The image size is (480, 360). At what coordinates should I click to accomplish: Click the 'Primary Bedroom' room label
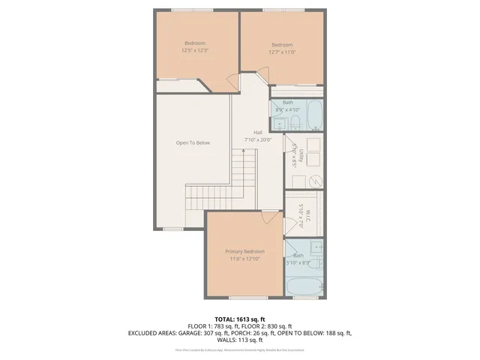pos(244,251)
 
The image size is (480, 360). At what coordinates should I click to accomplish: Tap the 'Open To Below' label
pos(193,142)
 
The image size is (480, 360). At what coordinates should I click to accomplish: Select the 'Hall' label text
pos(257,132)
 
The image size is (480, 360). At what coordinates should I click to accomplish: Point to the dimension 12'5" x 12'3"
pos(195,51)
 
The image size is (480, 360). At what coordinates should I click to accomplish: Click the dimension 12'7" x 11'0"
pos(282,52)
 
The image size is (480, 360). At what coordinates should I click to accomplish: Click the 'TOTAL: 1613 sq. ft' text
pos(239,319)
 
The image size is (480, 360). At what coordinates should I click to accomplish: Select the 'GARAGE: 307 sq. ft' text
pos(223,332)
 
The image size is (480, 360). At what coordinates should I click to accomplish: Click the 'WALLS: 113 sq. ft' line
pos(239,339)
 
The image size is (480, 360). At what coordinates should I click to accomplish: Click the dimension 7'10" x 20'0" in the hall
pos(262,139)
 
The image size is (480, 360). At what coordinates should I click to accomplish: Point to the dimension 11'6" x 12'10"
pos(244,259)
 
